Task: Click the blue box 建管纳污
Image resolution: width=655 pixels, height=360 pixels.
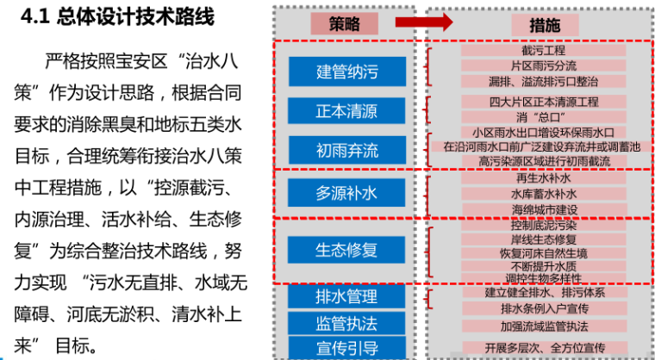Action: tap(346, 71)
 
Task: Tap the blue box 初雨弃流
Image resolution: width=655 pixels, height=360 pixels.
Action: tap(346, 151)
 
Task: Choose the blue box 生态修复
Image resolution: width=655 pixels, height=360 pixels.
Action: tap(346, 250)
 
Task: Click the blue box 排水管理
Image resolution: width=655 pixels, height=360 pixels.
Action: tap(346, 296)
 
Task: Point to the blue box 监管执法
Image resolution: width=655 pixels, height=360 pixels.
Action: tap(346, 323)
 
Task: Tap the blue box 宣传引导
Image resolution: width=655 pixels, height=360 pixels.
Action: tap(346, 348)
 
